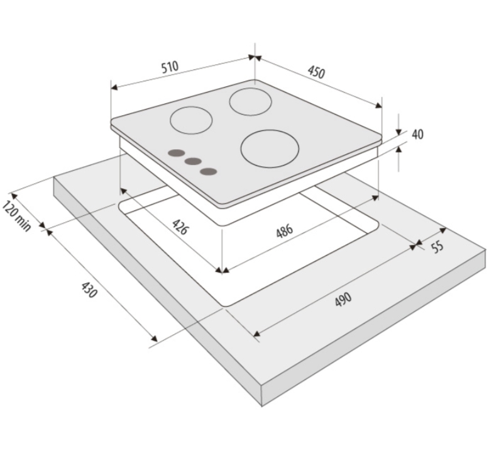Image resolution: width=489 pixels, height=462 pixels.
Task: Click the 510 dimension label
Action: click(x=170, y=67)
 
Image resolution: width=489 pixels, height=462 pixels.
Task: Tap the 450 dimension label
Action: click(x=317, y=72)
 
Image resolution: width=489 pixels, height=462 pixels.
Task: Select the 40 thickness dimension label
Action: click(x=417, y=134)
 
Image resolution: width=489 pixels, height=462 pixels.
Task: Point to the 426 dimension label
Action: click(x=180, y=227)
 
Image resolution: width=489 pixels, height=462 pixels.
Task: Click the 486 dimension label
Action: click(x=285, y=230)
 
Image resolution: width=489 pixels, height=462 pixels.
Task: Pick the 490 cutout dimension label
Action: click(x=343, y=299)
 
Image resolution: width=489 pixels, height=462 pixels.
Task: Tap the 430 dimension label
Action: click(x=89, y=290)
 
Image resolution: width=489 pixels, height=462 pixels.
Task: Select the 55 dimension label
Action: click(x=437, y=247)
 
